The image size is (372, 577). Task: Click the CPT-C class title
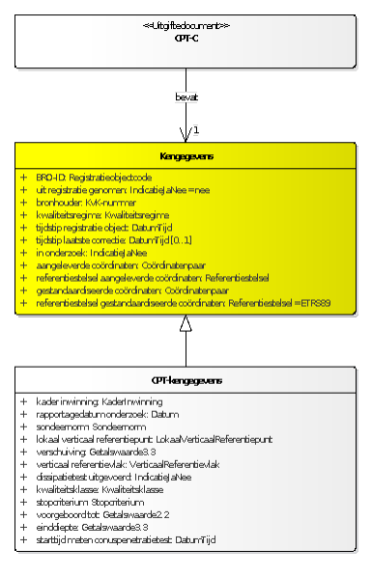[186, 38]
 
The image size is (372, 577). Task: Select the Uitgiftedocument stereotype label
[186, 25]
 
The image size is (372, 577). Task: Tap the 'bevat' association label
[186, 96]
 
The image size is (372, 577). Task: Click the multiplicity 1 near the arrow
[195, 129]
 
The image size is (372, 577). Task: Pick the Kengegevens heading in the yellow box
[186, 156]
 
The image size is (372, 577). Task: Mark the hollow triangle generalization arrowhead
[186, 324]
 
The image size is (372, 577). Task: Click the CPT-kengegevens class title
[186, 380]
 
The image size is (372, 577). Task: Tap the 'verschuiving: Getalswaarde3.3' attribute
[96, 451]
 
